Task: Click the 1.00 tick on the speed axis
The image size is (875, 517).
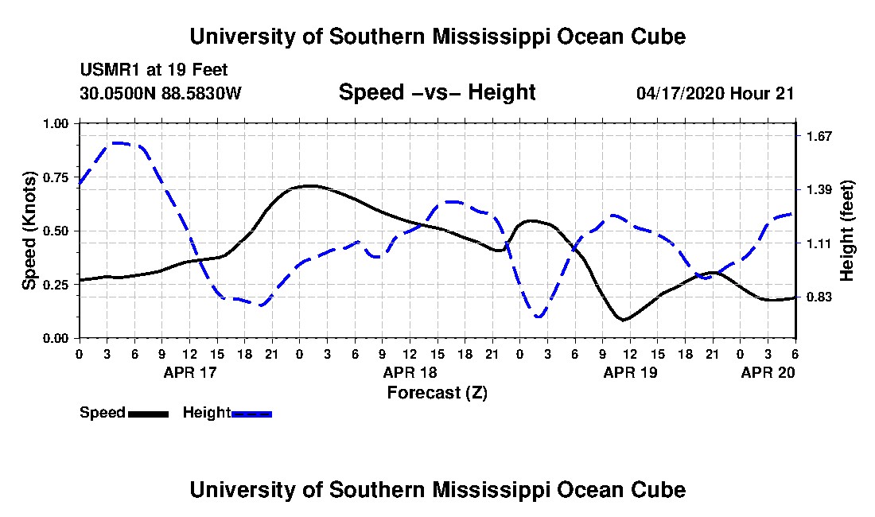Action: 55,123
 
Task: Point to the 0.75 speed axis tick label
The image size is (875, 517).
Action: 55,177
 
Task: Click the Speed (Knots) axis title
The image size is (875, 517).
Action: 29,231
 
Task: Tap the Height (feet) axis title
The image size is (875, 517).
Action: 846,231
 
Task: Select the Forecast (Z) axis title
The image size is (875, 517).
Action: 437,393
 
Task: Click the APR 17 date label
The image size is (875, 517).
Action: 190,372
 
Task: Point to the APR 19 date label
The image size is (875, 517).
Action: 631,372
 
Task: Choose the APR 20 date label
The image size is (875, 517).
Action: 768,372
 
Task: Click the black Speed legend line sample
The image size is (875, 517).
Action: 148,414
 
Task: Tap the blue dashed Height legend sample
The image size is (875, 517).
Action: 251,414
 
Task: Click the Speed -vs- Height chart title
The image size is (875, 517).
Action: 437,92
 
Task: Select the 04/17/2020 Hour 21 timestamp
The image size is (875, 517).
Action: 715,93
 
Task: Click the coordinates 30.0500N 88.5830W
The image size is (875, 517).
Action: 161,93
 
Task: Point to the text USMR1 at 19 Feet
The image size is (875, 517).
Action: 154,70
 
